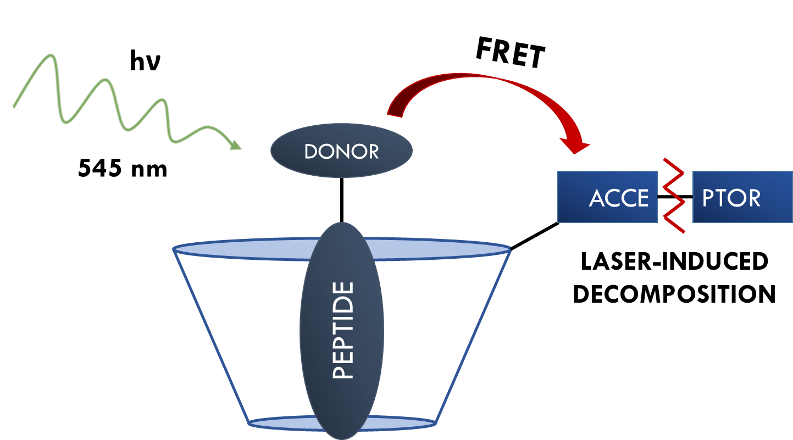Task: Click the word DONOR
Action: [x=341, y=152]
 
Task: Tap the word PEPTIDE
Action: [x=343, y=331]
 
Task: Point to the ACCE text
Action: [x=619, y=198]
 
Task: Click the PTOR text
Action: [x=731, y=198]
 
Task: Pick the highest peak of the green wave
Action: [x=52, y=55]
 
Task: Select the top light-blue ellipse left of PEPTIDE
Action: [x=242, y=249]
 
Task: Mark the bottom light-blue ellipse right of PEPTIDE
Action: [x=407, y=423]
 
